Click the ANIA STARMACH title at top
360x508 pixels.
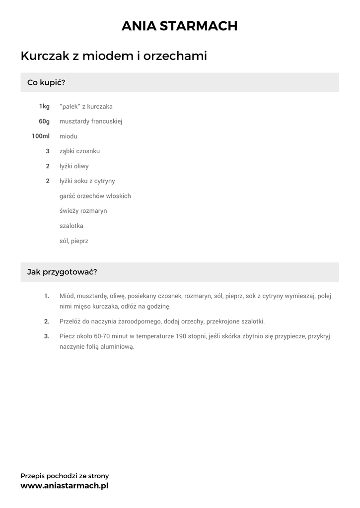tap(180, 26)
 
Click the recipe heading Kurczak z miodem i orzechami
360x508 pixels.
tap(114, 56)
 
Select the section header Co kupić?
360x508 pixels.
tap(46, 82)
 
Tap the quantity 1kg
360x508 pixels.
tap(44, 107)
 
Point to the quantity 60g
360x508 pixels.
tap(44, 122)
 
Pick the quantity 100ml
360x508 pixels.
tap(41, 136)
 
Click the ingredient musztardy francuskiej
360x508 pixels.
tap(91, 122)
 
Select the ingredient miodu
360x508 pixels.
tap(69, 136)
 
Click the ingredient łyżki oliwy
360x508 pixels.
tap(74, 166)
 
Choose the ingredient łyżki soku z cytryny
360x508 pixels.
tap(87, 181)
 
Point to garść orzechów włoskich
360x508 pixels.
tap(95, 196)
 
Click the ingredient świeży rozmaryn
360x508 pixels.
tap(83, 211)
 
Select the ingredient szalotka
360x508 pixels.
tap(72, 226)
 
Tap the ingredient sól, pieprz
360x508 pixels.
tap(74, 241)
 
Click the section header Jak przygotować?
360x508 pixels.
tap(62, 272)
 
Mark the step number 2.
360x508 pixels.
tap(47, 321)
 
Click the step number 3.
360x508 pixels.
tap(47, 336)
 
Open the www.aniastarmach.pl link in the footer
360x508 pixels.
tap(65, 486)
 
